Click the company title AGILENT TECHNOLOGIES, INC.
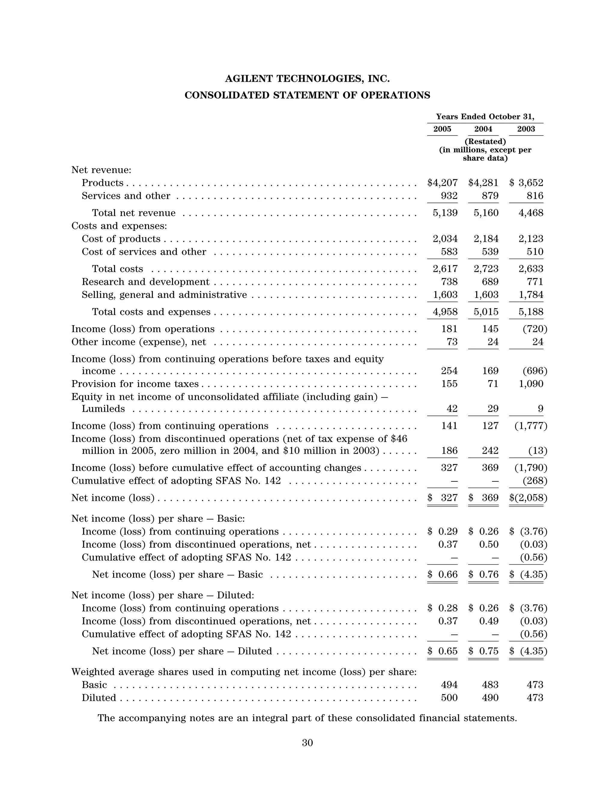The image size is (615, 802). coord(307,79)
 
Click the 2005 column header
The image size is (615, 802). coord(442,129)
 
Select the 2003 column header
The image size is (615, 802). coord(526,129)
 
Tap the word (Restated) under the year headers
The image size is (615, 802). coord(485,141)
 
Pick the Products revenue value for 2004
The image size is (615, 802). coord(483,183)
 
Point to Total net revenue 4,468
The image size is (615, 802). coord(531,213)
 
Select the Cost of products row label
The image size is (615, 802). coord(121,239)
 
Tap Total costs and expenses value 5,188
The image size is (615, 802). coord(531,312)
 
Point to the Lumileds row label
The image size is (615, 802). coord(103,409)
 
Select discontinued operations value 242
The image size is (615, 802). coord(490,450)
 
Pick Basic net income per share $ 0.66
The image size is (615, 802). coord(443,574)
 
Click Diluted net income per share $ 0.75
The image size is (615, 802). coord(483,651)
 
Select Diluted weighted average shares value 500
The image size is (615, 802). coord(449,698)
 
